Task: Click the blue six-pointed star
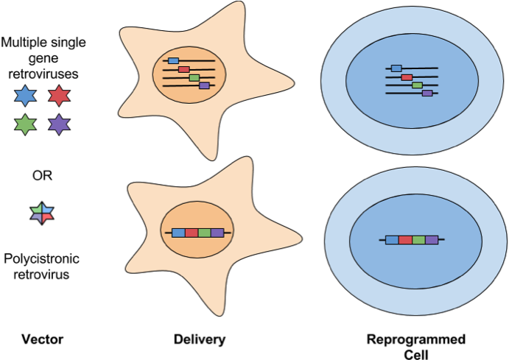[25, 96]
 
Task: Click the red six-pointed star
[59, 96]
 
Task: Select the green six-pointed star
[25, 124]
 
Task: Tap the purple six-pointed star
[59, 124]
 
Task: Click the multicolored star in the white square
[42, 213]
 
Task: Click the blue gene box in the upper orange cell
[173, 60]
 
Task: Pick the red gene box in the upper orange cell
[183, 69]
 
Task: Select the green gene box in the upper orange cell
[194, 77]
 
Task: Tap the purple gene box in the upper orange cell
[204, 85]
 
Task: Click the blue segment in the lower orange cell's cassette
[178, 233]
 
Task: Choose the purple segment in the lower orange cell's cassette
[217, 233]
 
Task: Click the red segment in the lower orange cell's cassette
[192, 233]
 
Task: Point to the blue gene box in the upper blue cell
[396, 68]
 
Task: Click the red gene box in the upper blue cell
[407, 77]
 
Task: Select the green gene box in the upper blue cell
[417, 85]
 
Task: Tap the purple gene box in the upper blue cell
[427, 93]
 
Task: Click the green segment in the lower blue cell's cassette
[418, 240]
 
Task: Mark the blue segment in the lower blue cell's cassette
[392, 240]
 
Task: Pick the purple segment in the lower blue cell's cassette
[432, 240]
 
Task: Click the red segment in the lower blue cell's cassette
[405, 240]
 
